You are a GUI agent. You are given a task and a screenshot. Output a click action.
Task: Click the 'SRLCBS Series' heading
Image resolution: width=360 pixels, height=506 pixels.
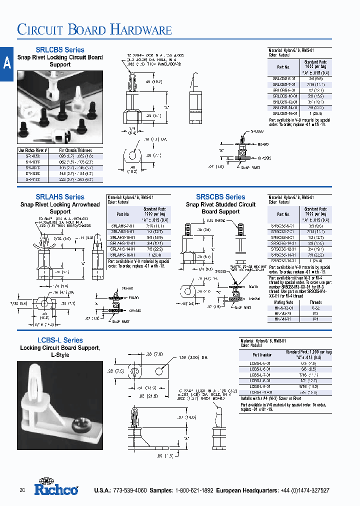(x=60, y=50)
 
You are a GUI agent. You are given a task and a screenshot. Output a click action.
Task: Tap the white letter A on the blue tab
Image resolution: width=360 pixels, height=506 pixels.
(x=6, y=62)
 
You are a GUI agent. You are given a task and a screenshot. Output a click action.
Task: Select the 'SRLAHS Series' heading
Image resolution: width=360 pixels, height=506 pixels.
(x=60, y=197)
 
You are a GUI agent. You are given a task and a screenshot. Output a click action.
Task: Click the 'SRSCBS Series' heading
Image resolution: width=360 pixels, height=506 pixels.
(x=220, y=197)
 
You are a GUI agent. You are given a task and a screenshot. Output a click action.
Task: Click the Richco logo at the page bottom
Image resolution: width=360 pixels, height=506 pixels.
(x=56, y=488)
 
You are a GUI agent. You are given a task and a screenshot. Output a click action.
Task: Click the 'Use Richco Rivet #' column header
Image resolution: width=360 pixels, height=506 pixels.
(x=32, y=150)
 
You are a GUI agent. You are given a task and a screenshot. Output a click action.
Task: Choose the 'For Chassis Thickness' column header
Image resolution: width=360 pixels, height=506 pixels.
(x=75, y=150)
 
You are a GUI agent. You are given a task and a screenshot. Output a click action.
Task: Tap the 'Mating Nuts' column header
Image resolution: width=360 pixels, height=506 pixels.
(x=283, y=302)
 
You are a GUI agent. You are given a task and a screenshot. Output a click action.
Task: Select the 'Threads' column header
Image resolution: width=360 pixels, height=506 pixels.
(x=316, y=302)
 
